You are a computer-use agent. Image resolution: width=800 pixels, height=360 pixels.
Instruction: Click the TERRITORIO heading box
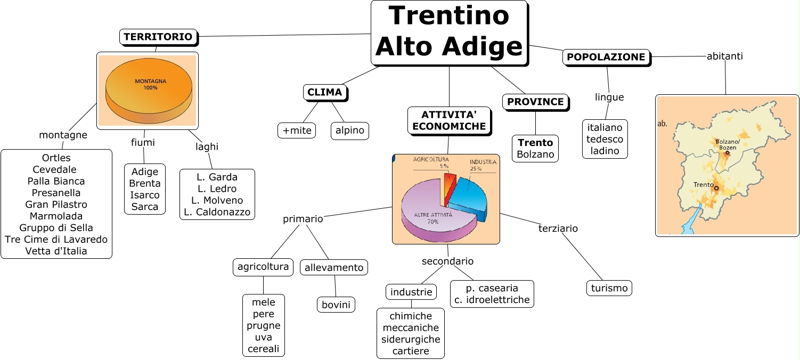[x=158, y=37]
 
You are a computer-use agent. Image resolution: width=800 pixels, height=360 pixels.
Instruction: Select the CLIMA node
[x=325, y=92]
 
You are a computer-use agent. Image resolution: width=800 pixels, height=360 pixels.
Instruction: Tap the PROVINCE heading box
[x=535, y=102]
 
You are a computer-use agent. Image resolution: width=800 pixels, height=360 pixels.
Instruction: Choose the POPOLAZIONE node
[x=606, y=57]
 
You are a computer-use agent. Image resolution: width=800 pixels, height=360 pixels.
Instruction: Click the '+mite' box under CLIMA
[x=297, y=130]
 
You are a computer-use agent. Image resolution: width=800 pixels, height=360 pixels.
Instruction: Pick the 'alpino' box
[x=350, y=130]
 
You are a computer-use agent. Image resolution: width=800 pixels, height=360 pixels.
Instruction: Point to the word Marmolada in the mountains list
[x=56, y=216]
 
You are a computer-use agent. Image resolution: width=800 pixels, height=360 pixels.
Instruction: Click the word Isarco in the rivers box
[x=145, y=195]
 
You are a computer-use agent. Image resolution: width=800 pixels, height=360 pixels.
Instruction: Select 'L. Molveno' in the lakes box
[x=217, y=200]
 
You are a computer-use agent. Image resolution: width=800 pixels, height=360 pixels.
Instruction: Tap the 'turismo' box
[x=609, y=288]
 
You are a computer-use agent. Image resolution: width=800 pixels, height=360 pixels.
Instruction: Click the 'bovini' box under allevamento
[x=336, y=305]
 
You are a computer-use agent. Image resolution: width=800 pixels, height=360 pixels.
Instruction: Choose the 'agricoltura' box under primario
[x=263, y=266]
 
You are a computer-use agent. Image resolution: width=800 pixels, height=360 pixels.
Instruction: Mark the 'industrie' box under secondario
[x=411, y=292]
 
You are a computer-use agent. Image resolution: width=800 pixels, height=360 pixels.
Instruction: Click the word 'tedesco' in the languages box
[x=605, y=139]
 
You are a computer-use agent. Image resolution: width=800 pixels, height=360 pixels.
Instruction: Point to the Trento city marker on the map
[x=716, y=188]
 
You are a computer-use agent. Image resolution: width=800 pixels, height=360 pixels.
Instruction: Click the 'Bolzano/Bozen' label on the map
[x=728, y=144]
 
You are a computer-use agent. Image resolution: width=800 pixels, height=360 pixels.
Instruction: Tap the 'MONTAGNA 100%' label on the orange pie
[x=150, y=84]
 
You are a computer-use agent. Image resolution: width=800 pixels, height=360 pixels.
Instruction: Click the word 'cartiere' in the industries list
[x=411, y=351]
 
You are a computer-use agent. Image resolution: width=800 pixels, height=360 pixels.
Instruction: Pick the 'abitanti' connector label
[x=724, y=55]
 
